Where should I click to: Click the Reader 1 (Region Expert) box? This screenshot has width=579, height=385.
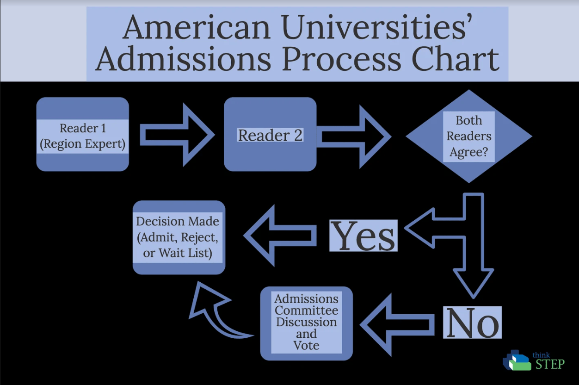(x=82, y=135)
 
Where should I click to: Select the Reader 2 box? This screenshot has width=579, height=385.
(x=270, y=135)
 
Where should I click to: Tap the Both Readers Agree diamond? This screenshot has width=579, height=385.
(x=468, y=136)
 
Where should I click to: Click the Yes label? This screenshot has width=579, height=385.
(x=363, y=236)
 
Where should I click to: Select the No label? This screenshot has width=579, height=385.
(x=472, y=322)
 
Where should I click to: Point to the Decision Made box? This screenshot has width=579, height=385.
(x=179, y=237)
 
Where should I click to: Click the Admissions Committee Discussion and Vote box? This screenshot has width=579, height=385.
(x=306, y=323)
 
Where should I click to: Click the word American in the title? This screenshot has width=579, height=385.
(x=197, y=27)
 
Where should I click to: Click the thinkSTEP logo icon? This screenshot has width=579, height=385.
(x=516, y=360)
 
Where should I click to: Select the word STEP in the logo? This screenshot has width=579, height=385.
(x=550, y=364)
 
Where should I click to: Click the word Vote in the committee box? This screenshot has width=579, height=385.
(x=306, y=345)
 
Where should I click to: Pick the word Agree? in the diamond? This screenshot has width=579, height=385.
(x=468, y=152)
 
